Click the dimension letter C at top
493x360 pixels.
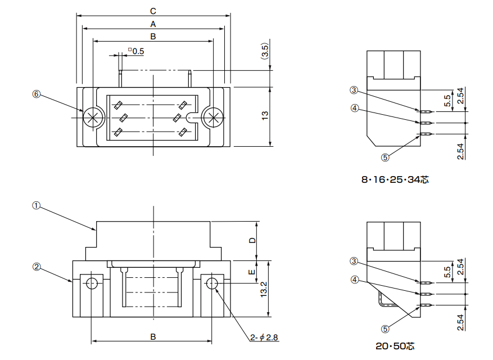(153, 11)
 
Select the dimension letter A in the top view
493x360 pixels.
(153, 24)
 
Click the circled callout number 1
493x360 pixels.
(37, 206)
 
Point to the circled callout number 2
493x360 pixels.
(37, 267)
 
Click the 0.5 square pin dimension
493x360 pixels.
(136, 51)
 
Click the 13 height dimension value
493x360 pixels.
(265, 115)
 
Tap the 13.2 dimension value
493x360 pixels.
(264, 289)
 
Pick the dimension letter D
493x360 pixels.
(252, 240)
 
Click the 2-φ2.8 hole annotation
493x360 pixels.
(265, 337)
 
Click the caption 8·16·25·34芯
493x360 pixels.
(395, 180)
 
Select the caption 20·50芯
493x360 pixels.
(395, 346)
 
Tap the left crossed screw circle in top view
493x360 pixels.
(93, 117)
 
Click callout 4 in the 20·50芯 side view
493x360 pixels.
(354, 279)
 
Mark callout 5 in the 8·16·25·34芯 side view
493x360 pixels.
(385, 157)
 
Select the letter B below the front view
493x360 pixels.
(153, 336)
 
